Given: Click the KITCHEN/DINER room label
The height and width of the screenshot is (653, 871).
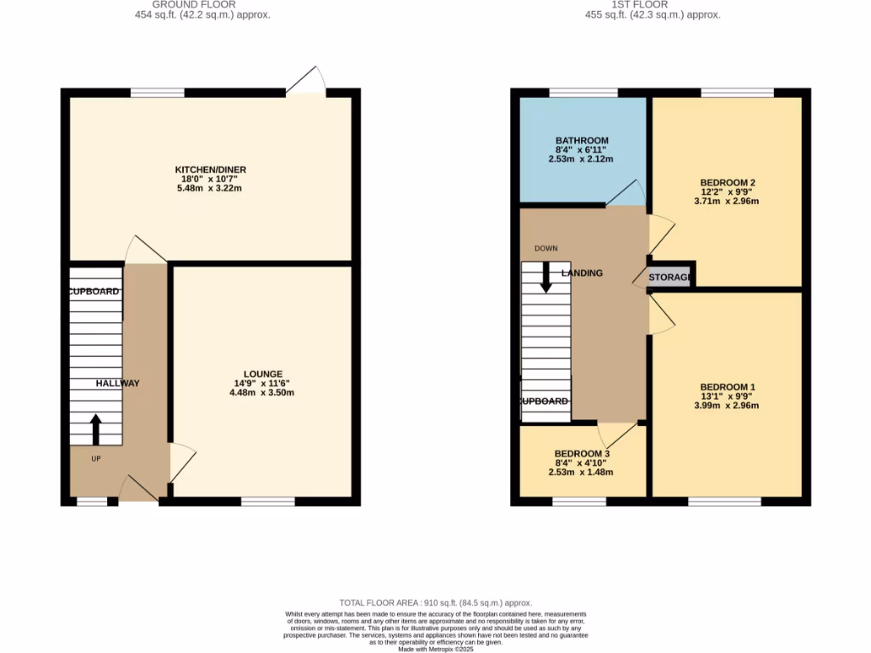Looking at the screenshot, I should coord(210,170).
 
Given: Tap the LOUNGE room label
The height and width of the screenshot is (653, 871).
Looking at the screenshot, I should coord(262,373).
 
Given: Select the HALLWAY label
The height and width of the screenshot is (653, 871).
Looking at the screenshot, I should coord(117,383).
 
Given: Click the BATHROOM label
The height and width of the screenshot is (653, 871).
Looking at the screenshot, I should coord(582,140).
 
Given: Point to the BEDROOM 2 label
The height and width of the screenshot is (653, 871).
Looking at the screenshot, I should coord(727,183).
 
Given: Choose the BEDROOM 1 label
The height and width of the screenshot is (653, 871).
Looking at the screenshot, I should coord(726,388).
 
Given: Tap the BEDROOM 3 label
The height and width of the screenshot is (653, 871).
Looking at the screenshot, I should coord(582,454).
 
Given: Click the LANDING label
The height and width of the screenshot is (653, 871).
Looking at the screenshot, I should coord(582,273).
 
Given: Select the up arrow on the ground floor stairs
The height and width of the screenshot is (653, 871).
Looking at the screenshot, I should coord(94,429).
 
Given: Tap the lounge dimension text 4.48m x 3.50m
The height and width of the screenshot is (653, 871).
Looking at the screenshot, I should coord(262,393).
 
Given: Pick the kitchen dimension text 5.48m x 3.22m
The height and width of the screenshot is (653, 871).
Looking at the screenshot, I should coord(210,189).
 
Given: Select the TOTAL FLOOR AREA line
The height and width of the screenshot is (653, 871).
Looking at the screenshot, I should coord(435,602).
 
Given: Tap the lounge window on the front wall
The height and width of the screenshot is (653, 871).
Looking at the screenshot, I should coord(268,502).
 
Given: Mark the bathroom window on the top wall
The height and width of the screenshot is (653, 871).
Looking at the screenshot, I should coord(584,93).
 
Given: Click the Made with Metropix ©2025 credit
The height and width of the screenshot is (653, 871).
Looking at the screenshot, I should coord(435,649).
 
